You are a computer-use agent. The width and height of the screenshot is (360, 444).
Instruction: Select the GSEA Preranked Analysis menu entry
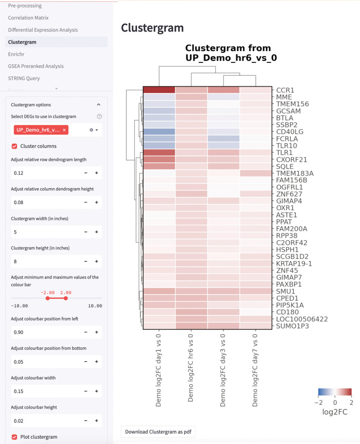35,66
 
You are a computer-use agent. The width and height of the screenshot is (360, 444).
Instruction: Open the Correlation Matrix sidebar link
28,18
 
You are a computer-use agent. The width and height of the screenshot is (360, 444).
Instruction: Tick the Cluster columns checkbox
14,146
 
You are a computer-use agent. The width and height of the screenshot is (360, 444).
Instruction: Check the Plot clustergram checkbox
14,436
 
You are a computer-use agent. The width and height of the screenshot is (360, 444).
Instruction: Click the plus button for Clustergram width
96,232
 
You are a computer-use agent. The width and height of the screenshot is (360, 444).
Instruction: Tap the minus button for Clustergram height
86,261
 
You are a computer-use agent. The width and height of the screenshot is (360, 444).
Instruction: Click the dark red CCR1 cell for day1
159,90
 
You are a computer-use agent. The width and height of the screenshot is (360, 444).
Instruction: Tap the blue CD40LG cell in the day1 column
159,132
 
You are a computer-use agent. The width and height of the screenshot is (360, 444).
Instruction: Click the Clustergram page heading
152,28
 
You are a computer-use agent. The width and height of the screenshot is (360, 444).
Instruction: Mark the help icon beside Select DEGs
99,116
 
